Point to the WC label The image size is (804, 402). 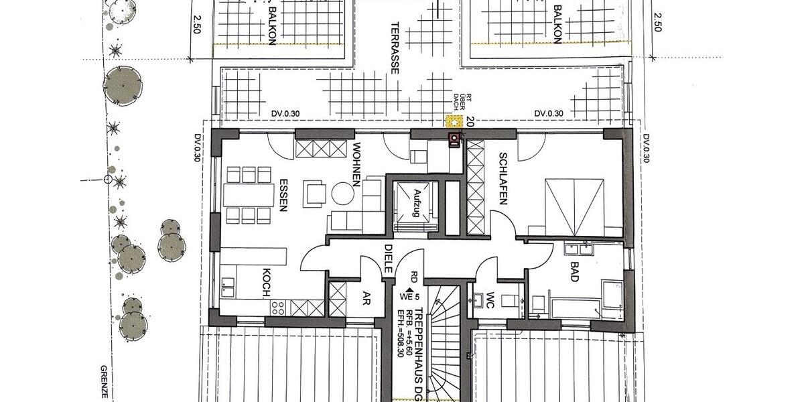(489, 299)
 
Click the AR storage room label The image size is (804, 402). (366, 298)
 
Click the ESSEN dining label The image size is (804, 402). (283, 194)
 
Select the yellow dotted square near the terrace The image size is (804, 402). (455, 121)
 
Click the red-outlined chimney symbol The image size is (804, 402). (455, 139)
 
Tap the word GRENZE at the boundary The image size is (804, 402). (105, 383)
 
